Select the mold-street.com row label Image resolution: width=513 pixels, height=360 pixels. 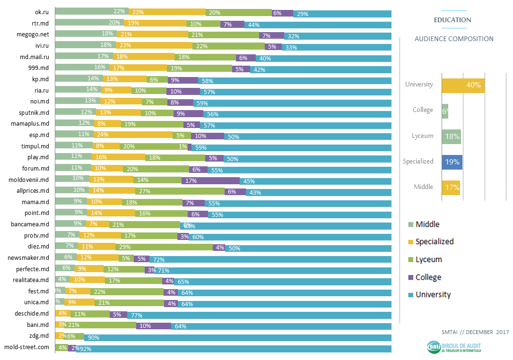(26, 347)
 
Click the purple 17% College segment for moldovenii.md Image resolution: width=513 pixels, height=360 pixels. (210, 180)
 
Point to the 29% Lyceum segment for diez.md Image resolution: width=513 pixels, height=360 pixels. (164, 247)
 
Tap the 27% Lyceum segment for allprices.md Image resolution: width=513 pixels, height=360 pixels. (180, 191)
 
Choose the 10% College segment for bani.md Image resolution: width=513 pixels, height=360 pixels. (153, 326)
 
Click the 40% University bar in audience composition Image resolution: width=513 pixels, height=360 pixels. (463, 86)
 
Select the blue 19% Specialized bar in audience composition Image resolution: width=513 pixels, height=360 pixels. (452, 162)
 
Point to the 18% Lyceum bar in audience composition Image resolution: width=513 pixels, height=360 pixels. (451, 137)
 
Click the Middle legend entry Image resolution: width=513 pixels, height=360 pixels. (427, 224)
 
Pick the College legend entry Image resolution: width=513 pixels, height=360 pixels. (428, 277)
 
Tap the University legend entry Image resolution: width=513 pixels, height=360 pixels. (433, 295)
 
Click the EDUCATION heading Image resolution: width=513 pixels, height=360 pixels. (452, 20)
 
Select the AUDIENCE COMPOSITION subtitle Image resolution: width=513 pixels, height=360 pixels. (454, 39)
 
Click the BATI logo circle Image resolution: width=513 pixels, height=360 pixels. (433, 347)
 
